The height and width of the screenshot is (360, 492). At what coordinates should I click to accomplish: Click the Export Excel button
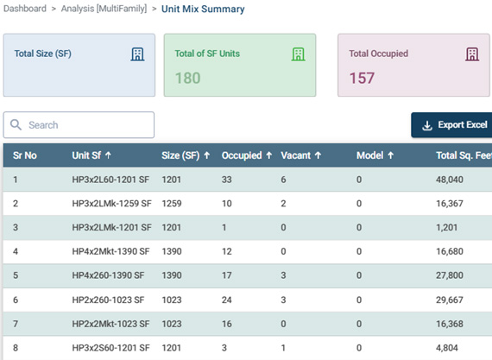click(451, 125)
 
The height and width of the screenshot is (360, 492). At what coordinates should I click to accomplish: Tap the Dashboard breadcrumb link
click(25, 9)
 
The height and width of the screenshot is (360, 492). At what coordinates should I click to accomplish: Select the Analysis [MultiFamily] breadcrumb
click(104, 9)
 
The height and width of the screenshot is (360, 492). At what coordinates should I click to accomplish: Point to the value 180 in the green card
click(187, 78)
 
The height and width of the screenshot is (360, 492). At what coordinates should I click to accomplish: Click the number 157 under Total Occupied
click(362, 78)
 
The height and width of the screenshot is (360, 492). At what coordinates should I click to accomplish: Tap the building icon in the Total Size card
click(137, 54)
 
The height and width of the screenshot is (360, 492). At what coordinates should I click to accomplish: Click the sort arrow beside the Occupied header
click(269, 155)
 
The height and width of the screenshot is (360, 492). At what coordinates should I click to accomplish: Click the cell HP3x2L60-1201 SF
click(110, 180)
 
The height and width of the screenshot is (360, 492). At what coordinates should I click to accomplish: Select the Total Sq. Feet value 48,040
click(450, 180)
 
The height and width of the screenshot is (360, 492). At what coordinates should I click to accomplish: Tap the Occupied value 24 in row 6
click(226, 300)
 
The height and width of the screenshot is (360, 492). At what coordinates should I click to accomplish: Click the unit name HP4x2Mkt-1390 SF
click(110, 251)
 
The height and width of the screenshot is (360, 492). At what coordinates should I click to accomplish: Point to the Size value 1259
click(171, 204)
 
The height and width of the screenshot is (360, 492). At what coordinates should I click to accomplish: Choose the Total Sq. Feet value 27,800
click(450, 275)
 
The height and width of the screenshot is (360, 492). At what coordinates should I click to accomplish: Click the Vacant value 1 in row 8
click(283, 348)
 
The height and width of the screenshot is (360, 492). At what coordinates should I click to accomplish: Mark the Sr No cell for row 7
click(16, 324)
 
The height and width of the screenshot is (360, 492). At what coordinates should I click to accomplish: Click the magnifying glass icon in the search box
click(16, 124)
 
